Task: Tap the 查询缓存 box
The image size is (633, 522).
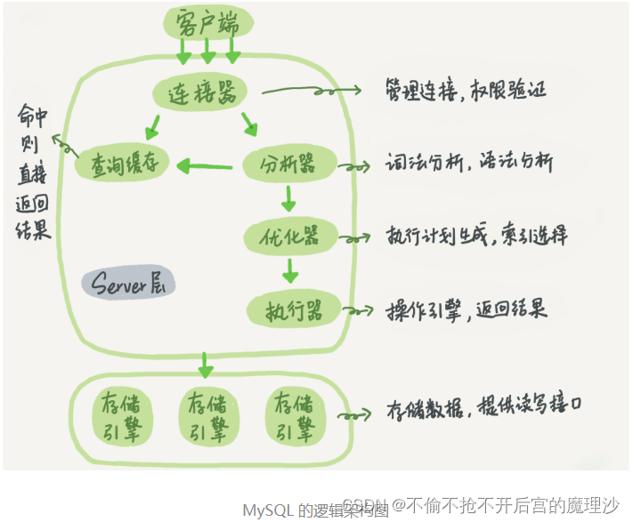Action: pos(121,164)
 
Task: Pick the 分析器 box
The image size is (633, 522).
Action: pos(288,165)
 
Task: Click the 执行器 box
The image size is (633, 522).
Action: pos(288,309)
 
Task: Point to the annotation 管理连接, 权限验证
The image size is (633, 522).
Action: pos(466,90)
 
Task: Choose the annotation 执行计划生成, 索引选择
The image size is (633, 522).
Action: pos(476,235)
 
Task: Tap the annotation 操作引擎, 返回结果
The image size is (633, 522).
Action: pos(466,309)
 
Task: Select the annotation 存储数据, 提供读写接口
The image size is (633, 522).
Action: pos(485,411)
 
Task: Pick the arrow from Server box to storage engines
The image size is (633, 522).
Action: pos(206,364)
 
